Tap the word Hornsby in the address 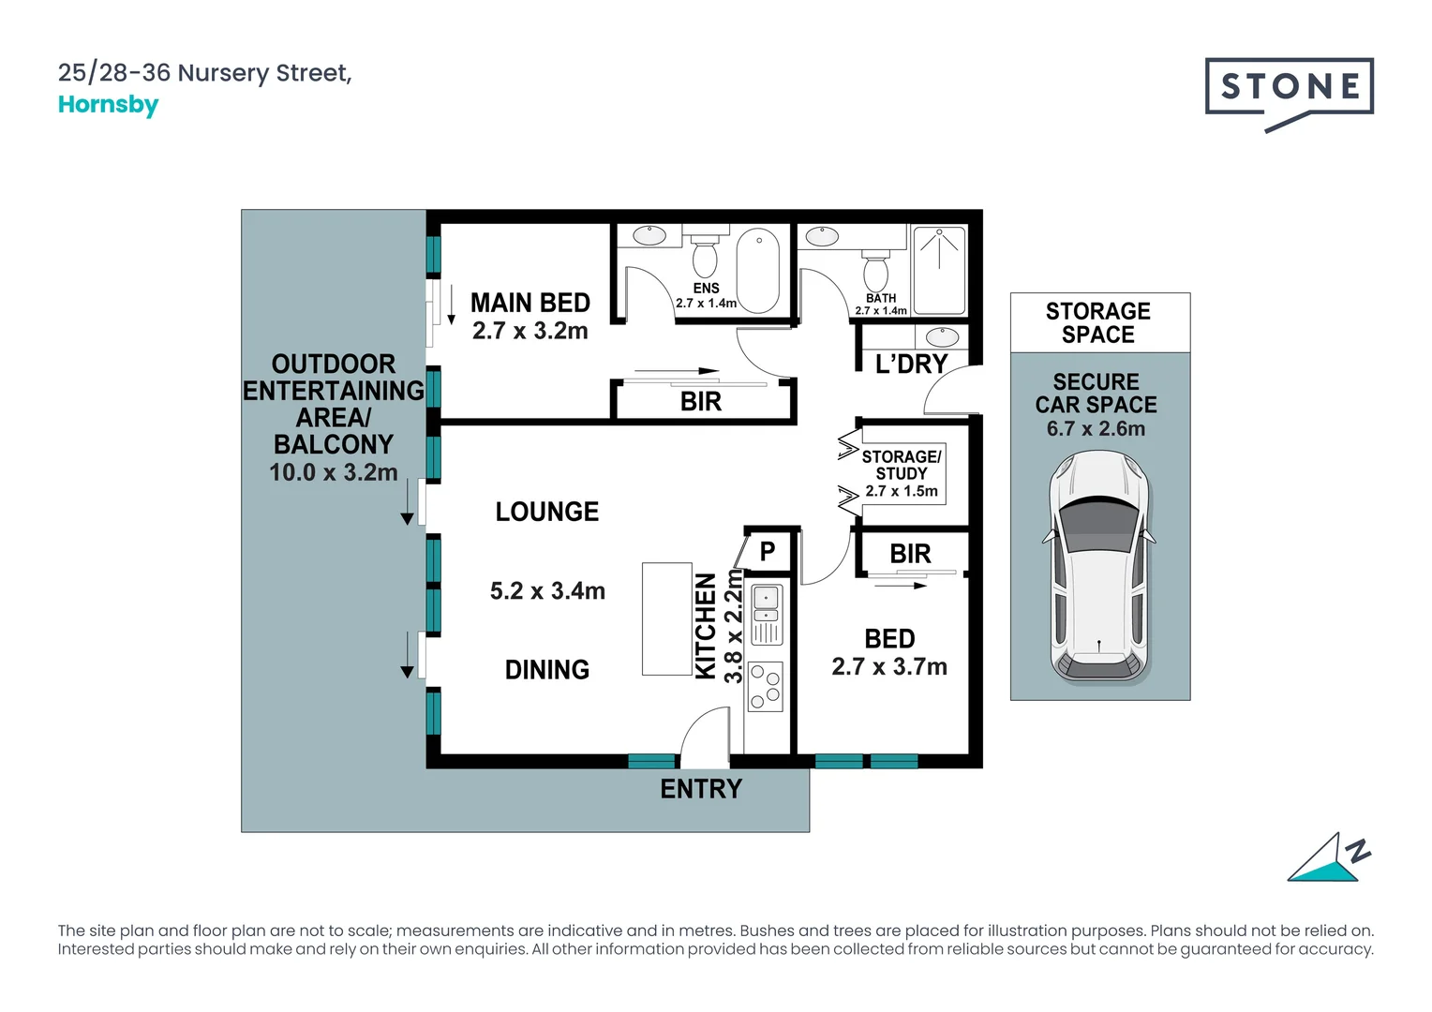pos(108,105)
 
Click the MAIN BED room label pos(530,303)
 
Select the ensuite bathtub pos(757,270)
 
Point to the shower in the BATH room pos(939,270)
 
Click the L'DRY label pos(911,364)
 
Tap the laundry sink pos(942,336)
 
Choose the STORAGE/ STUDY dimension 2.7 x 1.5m pos(902,491)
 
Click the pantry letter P pos(768,550)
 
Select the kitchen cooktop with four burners pos(766,687)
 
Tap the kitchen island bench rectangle pos(666,618)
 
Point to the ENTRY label pos(701,789)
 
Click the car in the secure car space pos(1098,567)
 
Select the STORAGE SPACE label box pos(1099,323)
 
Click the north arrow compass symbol pos(1328,858)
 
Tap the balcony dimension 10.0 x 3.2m pos(333,472)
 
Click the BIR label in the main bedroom pos(701,401)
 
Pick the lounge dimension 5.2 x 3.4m pos(547,590)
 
